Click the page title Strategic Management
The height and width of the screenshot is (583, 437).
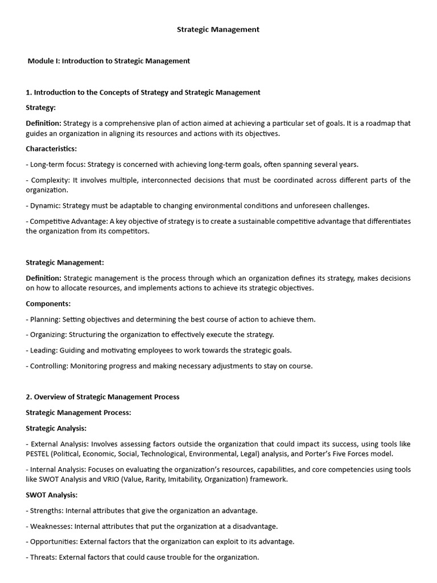[x=218, y=30]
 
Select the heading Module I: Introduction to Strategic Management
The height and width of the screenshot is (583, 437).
[x=109, y=61]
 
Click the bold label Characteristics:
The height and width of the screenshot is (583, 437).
[x=51, y=149]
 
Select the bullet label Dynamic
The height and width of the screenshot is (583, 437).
[x=44, y=206]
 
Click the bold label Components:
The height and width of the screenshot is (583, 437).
[x=48, y=303]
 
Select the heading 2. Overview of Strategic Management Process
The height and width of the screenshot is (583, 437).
[x=102, y=397]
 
